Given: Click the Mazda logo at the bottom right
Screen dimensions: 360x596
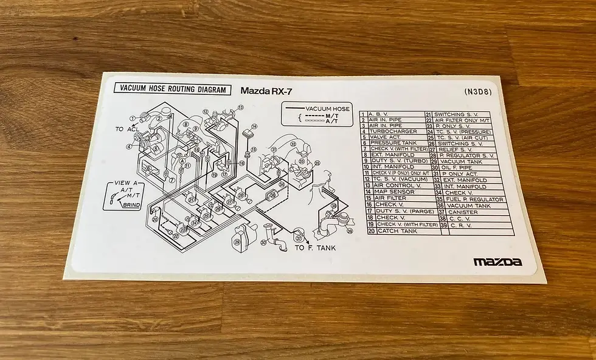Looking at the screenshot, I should point(497,262).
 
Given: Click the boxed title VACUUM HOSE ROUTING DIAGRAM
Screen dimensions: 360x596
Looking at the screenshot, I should point(173,89).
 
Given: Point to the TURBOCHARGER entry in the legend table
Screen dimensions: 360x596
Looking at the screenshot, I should point(392,131).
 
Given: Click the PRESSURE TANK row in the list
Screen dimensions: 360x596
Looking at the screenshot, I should point(392,143).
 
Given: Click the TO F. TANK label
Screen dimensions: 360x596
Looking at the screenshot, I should point(315,247).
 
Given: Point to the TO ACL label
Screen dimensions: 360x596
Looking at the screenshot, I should point(128,129).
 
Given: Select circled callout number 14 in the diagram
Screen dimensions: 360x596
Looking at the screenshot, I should point(254,126).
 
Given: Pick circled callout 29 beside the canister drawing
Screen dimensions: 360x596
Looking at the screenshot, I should point(237,241).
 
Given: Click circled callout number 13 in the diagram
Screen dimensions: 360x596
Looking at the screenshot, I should point(241,107).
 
